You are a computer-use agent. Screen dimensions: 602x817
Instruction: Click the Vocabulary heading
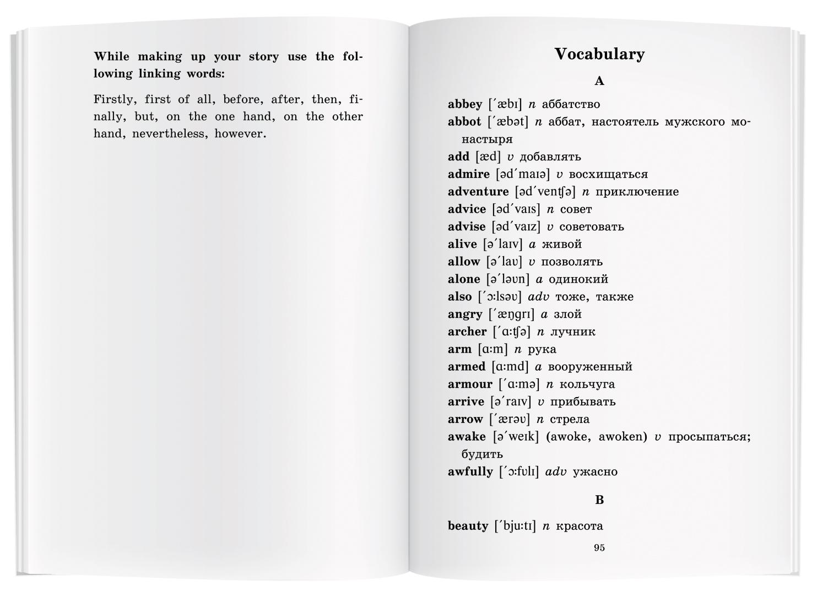[599, 54]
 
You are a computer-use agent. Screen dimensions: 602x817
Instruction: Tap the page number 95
[599, 547]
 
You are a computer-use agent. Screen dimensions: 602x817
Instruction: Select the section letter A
[599, 82]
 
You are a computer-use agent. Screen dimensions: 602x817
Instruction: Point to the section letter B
[599, 500]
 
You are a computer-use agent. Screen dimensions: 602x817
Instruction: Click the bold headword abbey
[465, 104]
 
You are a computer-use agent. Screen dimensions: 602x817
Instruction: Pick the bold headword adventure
[478, 192]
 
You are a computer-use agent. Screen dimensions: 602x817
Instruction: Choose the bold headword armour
[470, 384]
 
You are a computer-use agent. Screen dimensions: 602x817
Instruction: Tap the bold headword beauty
[468, 526]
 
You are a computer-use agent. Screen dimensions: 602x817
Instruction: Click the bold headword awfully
[470, 471]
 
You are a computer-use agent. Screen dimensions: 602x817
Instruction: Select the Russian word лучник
[573, 332]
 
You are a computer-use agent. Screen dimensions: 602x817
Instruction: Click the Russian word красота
[580, 526]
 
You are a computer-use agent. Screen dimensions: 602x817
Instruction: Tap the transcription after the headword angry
[512, 314]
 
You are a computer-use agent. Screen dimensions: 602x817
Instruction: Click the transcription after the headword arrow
[510, 419]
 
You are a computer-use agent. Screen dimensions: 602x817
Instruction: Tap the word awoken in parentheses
[623, 437]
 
